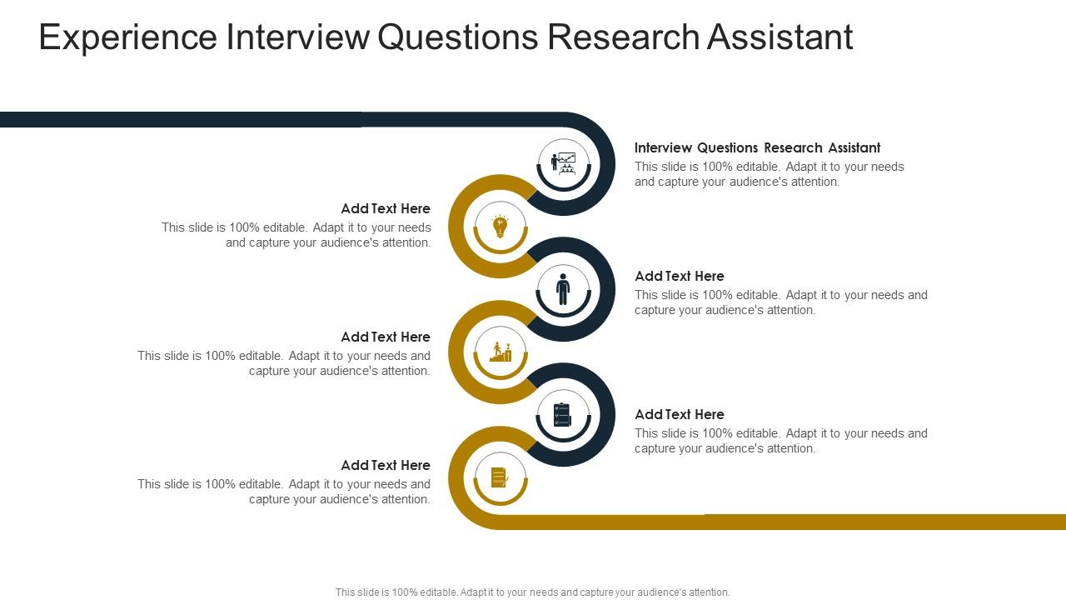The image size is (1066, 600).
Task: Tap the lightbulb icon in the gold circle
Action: click(501, 226)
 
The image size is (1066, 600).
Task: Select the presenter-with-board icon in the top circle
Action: click(564, 162)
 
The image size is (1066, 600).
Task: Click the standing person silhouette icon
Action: click(563, 289)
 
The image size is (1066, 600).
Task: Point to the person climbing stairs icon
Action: click(501, 352)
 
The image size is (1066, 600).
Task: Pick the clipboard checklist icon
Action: click(562, 414)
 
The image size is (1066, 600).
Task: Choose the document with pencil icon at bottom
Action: click(500, 477)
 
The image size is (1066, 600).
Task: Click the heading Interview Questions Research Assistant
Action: click(757, 147)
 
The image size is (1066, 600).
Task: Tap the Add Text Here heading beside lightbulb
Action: click(386, 208)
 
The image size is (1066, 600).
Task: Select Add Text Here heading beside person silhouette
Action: click(680, 276)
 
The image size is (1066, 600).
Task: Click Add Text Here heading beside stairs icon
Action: click(386, 337)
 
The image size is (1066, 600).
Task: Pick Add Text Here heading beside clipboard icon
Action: click(680, 414)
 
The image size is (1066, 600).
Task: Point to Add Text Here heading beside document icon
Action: click(386, 465)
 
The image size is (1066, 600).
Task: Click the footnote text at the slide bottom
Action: click(533, 592)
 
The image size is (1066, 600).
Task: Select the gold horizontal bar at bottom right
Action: click(833, 522)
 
